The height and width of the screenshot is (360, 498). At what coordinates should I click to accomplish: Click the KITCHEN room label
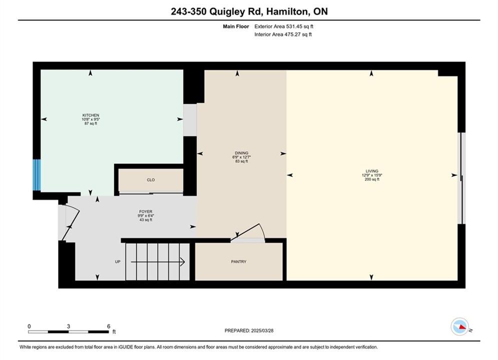91,115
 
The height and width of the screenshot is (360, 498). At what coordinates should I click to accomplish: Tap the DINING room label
241,153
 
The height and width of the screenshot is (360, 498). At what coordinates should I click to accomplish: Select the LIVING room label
372,171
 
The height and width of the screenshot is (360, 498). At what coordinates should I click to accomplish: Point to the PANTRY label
239,261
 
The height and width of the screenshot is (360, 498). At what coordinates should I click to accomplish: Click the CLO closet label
151,180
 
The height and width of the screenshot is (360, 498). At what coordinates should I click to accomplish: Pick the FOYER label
146,211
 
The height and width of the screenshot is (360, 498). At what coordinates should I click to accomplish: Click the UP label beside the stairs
118,261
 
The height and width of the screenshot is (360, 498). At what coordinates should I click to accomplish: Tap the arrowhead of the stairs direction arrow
183,262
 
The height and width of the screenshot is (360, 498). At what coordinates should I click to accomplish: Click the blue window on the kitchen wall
37,175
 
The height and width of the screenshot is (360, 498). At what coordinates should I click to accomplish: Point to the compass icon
459,326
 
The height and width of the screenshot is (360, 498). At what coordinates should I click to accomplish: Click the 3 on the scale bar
68,326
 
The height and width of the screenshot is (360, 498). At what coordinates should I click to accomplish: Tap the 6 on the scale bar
109,326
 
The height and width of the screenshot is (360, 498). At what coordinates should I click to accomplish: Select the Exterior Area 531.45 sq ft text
284,26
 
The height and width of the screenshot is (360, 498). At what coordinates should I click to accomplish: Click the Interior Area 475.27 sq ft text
283,34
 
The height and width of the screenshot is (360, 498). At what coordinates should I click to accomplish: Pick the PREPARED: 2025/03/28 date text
249,330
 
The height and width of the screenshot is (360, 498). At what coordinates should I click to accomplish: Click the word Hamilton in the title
287,11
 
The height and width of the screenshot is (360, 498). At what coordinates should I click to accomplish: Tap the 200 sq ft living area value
372,179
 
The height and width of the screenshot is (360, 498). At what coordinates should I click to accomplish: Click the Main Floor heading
236,26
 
